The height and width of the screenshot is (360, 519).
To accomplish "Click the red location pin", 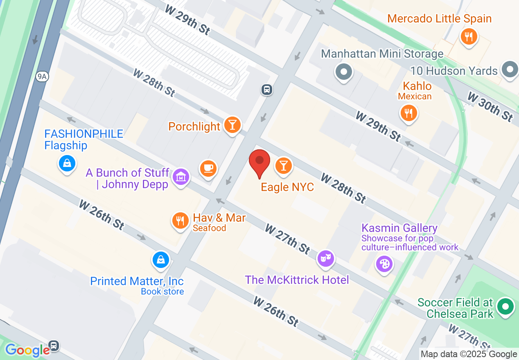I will [259, 162].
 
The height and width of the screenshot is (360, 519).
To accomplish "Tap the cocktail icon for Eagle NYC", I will [283, 165].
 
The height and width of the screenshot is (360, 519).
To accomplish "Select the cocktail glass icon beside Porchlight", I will [232, 125].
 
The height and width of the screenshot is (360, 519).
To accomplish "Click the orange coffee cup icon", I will [208, 168].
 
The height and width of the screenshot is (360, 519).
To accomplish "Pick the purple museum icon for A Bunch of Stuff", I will [181, 177].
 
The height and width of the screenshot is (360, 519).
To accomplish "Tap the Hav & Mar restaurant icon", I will [180, 221].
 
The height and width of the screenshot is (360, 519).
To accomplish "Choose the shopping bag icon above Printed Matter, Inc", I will [161, 260].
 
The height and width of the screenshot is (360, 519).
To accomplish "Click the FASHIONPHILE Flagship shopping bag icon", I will [67, 164].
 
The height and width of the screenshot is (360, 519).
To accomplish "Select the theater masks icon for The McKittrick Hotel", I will [326, 258].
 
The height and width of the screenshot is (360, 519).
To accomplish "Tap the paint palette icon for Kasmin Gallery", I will [384, 264].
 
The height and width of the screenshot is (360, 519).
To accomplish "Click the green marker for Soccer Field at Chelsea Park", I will [505, 306].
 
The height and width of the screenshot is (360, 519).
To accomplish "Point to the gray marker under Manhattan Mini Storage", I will [343, 72].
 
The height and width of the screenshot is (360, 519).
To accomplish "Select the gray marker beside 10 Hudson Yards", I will [510, 69].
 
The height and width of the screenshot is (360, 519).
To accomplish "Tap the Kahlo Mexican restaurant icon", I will [408, 112].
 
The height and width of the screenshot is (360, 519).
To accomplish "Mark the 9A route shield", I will [41, 76].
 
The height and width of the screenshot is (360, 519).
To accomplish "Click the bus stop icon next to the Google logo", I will [54, 346].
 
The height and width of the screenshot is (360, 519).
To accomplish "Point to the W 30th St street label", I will [490, 107].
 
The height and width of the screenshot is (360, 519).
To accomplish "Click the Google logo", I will [27, 350].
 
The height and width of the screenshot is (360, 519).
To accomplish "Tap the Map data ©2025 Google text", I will [469, 354].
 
